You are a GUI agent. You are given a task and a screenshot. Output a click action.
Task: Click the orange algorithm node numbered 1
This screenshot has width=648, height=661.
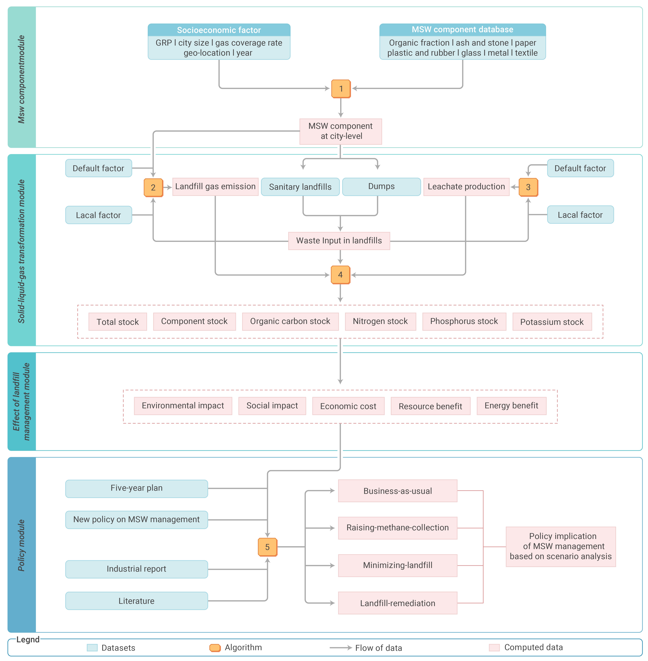pos(341,89)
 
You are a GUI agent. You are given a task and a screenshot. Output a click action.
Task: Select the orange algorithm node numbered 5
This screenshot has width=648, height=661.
pos(268,547)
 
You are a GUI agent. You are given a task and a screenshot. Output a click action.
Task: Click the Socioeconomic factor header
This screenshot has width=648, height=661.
pos(219,30)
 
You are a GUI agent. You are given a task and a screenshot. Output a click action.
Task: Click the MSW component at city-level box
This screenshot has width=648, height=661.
pos(340,131)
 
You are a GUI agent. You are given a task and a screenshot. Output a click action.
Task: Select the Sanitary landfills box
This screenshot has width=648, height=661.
pos(300,187)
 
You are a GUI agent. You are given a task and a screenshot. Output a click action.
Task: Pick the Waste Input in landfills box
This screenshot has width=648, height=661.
pos(339,241)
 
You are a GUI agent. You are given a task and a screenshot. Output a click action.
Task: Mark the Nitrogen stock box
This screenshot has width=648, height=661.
pos(380,321)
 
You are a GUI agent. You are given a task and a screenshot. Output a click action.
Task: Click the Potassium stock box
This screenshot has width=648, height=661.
pos(552,322)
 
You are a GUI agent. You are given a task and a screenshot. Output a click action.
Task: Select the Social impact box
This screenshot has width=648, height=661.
pos(272,406)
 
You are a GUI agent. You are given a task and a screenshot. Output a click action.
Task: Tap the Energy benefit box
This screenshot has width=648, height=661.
pos(511,406)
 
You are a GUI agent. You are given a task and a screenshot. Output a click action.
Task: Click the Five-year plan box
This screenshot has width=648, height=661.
pos(137,488)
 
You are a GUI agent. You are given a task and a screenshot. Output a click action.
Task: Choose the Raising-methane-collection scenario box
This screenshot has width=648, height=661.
pos(398,528)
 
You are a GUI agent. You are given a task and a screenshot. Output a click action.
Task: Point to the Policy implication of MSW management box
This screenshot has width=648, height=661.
pos(561,546)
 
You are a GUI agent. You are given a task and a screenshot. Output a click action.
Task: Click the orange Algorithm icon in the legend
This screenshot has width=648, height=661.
pos(215,648)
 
